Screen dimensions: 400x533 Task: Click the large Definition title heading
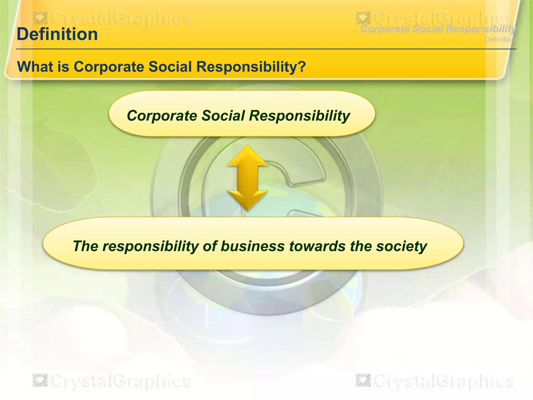click(x=57, y=34)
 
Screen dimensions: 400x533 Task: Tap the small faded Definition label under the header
click(x=500, y=40)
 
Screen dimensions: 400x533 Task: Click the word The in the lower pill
click(x=84, y=246)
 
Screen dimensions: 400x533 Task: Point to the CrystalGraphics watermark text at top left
click(x=120, y=19)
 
